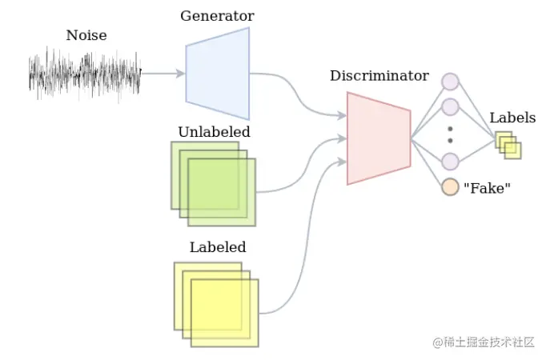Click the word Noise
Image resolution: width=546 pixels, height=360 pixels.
click(86, 35)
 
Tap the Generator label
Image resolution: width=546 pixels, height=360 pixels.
click(217, 16)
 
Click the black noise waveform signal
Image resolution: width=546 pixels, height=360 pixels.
click(85, 74)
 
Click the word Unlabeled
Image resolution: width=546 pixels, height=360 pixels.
click(214, 132)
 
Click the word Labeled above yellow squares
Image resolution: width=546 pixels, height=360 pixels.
click(218, 247)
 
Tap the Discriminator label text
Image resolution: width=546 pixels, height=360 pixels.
click(379, 76)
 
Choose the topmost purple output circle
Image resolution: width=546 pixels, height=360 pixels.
click(450, 81)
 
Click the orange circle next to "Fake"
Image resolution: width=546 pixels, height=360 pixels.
click(450, 188)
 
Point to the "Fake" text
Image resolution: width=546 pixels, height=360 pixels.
click(487, 189)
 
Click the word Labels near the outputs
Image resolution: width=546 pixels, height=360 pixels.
click(512, 118)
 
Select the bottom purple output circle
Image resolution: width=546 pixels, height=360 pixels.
click(450, 161)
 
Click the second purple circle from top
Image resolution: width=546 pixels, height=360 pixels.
click(450, 106)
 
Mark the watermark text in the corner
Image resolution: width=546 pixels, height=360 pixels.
click(484, 342)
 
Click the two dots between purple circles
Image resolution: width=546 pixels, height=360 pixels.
click(450, 134)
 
